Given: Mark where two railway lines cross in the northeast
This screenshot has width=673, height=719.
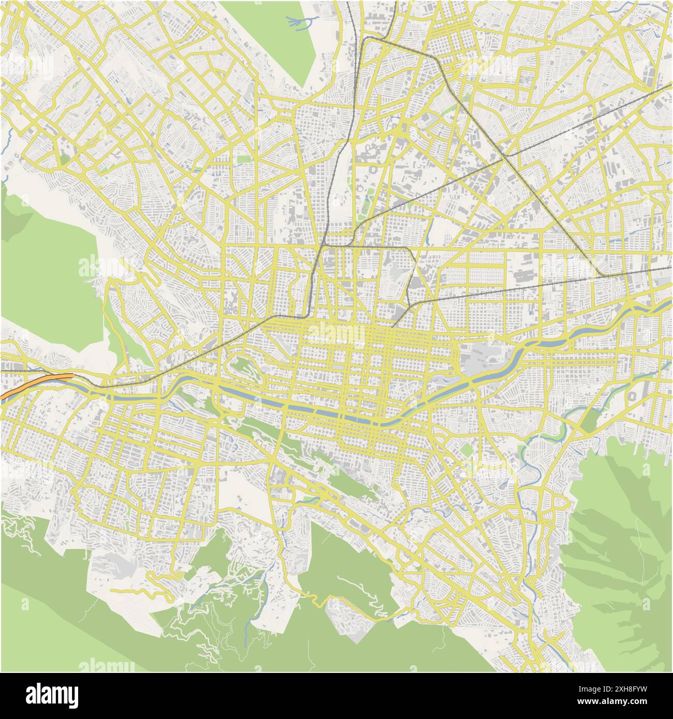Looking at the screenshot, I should pyautogui.click(x=508, y=155).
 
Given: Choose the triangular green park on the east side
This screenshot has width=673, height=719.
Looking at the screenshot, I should pyautogui.click(x=590, y=419).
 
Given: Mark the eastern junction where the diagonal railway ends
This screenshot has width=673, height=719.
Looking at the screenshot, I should pyautogui.click(x=601, y=274).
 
